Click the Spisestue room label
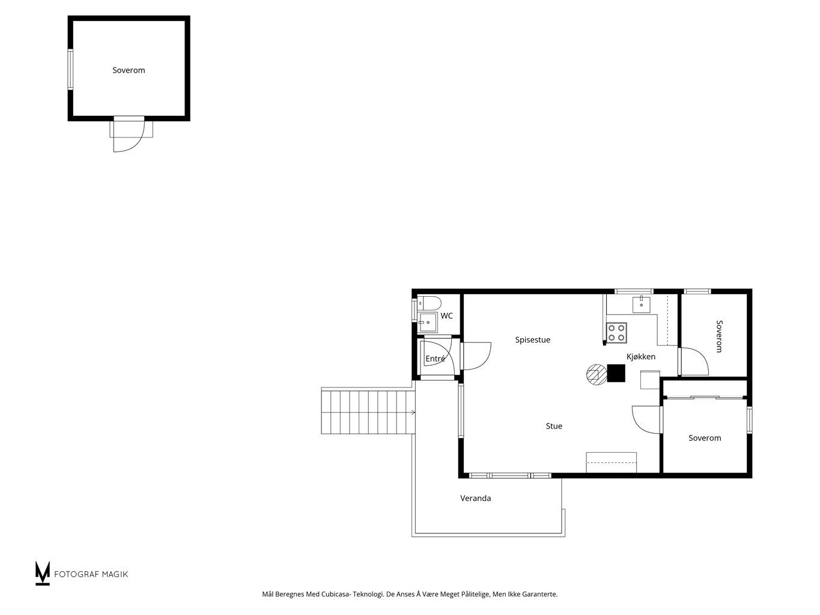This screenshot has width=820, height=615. coord(532,340)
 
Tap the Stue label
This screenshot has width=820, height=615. coord(554,426)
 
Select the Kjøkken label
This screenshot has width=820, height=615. coord(641,357)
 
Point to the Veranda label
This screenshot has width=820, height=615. coord(475,498)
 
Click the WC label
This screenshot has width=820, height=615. coord(446,316)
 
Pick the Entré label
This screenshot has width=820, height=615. coord(435,359)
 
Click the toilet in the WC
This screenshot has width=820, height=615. coord(430,303)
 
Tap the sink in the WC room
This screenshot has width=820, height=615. coord(427,323)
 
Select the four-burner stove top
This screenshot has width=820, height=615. coord(616,333)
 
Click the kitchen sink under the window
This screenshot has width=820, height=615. coord(641,304)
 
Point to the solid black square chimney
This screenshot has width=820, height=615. coord(616,373)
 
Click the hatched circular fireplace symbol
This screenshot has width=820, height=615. coord(597,375)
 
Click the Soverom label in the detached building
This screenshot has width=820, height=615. coord(129,70)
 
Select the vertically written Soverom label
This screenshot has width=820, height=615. coord(718,336)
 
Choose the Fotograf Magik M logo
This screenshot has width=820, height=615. coord(42,573)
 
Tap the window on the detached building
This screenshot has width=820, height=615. coord(70,70)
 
